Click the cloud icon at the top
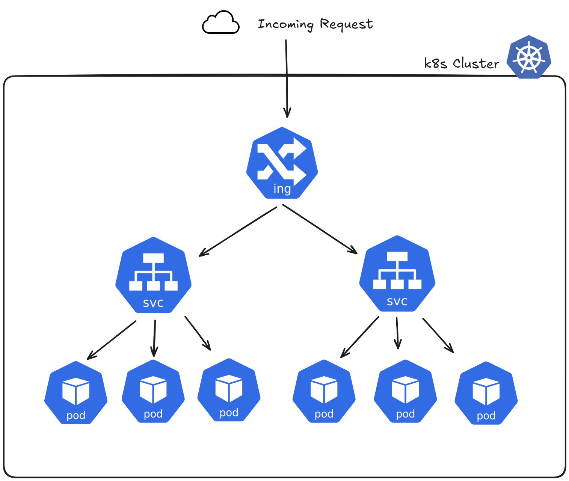pyautogui.click(x=220, y=22)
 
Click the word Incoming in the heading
pyautogui.click(x=285, y=24)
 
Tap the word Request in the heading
pyautogui.click(x=346, y=24)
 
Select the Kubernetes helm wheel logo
pyautogui.click(x=529, y=57)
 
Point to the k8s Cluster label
pyautogui.click(x=461, y=63)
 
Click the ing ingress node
pyautogui.click(x=282, y=163)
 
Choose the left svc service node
pyautogui.click(x=153, y=275)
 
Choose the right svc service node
pyautogui.click(x=397, y=273)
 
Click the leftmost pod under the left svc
pyautogui.click(x=76, y=393)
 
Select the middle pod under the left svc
pyautogui.click(x=153, y=391)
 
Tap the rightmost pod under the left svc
pyautogui.click(x=229, y=390)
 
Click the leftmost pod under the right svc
pyautogui.click(x=324, y=391)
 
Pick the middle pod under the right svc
pyautogui.click(x=405, y=391)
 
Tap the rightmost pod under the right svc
pyautogui.click(x=486, y=393)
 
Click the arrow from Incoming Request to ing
pyautogui.click(x=287, y=79)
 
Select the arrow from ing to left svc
pyautogui.click(x=238, y=232)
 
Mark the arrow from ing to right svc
pyautogui.click(x=320, y=229)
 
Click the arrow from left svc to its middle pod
pyautogui.click(x=154, y=338)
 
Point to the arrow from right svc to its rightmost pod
pyautogui.click(x=438, y=335)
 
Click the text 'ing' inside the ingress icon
pyautogui.click(x=282, y=189)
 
